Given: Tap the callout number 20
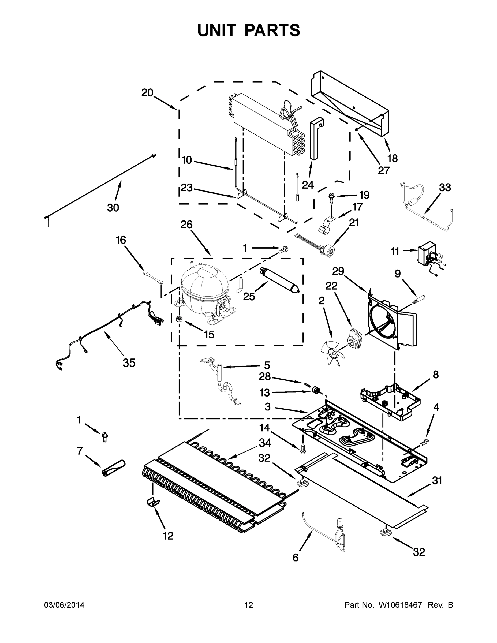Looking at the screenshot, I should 147,93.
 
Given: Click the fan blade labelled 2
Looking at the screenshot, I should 333,352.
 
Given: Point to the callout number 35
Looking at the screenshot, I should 129,363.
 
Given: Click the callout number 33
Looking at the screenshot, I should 444,187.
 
